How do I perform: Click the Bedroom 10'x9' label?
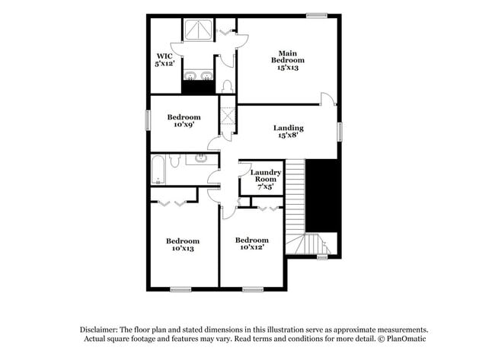coord(184,121)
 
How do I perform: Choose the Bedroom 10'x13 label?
coord(183,244)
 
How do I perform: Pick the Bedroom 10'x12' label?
coord(252,244)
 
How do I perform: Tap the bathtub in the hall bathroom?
coord(159,169)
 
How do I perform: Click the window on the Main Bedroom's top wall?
coord(316,14)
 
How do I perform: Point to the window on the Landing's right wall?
coord(340,131)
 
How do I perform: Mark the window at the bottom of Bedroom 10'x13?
coord(180,289)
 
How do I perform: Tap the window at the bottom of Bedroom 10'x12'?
coord(252,289)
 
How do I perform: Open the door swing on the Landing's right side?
coord(327,99)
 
